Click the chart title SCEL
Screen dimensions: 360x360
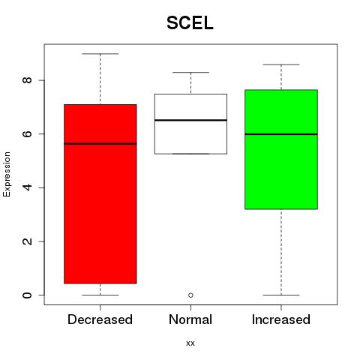coord(190,23)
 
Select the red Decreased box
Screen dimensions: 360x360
coord(100,194)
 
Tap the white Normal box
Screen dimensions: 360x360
coord(190,124)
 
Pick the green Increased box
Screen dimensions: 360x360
coord(281,149)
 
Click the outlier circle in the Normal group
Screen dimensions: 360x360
coord(190,295)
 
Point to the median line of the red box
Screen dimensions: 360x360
coord(100,144)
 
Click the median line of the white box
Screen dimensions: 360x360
coord(190,120)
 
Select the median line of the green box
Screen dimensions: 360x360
coord(281,134)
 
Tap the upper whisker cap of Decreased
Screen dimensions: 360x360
coord(100,54)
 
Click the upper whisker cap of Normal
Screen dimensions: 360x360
coord(190,73)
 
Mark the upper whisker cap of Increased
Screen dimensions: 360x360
coord(281,64)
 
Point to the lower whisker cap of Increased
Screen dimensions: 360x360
coord(281,295)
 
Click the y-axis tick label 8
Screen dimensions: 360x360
coord(28,80)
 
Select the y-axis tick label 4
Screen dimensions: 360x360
coord(28,187)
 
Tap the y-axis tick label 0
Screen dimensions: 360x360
coord(28,295)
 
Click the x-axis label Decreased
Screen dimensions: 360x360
coord(100,319)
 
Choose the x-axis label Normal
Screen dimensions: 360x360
coord(190,319)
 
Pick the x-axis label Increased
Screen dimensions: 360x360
coord(281,319)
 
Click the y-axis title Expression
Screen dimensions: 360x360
coord(7,174)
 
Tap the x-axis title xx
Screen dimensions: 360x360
coord(190,343)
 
